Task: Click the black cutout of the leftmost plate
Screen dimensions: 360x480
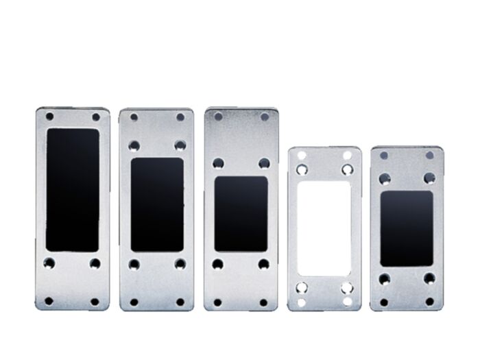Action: click(x=73, y=189)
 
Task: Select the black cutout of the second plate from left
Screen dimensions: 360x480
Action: click(x=157, y=204)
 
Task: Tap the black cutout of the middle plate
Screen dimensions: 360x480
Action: click(x=241, y=214)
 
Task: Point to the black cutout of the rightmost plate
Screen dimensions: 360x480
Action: click(x=407, y=228)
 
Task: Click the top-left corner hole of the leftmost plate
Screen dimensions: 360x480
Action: click(x=49, y=117)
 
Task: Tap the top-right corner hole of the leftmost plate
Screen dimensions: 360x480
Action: click(x=96, y=117)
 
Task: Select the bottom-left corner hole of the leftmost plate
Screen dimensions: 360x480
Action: click(x=49, y=301)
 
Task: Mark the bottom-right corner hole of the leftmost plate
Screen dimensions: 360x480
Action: click(x=95, y=301)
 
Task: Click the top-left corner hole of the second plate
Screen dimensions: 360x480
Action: click(x=134, y=117)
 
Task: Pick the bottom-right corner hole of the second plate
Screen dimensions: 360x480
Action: click(x=180, y=302)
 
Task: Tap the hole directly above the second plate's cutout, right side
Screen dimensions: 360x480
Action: click(x=180, y=145)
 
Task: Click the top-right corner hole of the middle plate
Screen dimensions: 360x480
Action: click(x=265, y=117)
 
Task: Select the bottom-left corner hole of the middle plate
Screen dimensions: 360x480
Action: click(x=217, y=302)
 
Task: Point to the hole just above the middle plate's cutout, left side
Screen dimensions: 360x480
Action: click(x=217, y=163)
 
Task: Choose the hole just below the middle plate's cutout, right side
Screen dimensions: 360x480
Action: click(x=264, y=264)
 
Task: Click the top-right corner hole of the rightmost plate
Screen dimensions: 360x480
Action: click(x=430, y=155)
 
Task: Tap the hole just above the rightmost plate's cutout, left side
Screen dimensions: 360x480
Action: click(x=384, y=178)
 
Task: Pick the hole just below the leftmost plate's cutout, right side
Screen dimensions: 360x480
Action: click(x=95, y=263)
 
